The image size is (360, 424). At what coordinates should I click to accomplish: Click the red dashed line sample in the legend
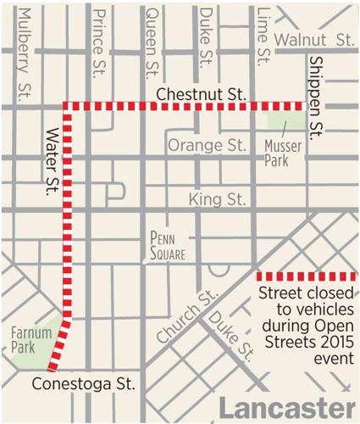coord(306,276)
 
